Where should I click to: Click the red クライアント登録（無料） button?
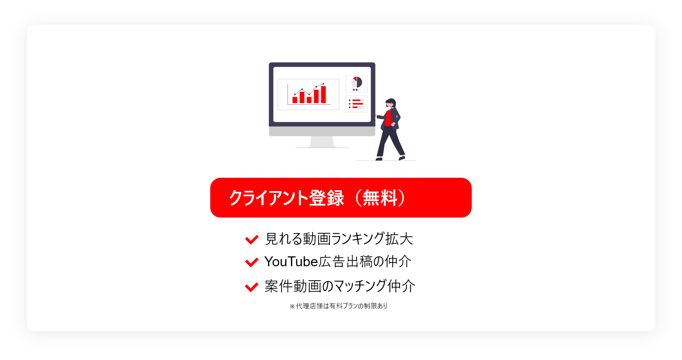coord(341,198)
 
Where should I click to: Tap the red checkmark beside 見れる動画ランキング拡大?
coord(252,240)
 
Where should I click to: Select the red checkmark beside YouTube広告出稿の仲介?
coord(252,262)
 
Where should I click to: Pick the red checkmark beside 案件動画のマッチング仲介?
coord(252,287)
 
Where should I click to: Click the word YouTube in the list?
coord(291,262)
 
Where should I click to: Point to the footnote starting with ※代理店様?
coord(338,306)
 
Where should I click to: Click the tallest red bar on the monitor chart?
coord(323,94)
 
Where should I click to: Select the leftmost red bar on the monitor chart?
coord(295,100)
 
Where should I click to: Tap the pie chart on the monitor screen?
coord(357,82)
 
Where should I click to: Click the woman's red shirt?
coord(388,118)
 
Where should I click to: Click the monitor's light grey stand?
coord(322,142)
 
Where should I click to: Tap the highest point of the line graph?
coord(323,84)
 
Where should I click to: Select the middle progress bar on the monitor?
coord(358,104)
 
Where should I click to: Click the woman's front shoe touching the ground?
coord(379,159)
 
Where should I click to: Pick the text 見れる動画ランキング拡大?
coord(339,239)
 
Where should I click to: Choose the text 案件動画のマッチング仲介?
coord(340,286)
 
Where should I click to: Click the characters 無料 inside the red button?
coord(380,198)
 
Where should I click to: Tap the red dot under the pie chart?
coord(354,90)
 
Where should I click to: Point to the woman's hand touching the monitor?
coord(376,116)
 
